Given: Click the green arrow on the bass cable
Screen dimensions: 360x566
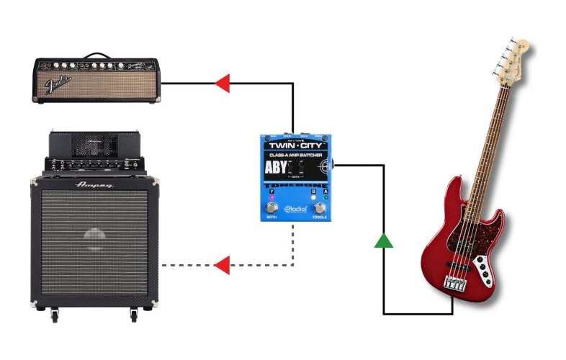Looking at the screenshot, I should point(384,240).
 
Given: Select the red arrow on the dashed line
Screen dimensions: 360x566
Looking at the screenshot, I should point(223,265).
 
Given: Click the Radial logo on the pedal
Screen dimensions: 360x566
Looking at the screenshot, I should point(296,209).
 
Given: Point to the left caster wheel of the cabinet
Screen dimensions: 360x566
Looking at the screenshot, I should point(54,315).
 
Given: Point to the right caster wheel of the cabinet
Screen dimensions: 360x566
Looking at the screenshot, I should point(132,315).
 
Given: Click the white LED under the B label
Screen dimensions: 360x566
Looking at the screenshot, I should point(313,197).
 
